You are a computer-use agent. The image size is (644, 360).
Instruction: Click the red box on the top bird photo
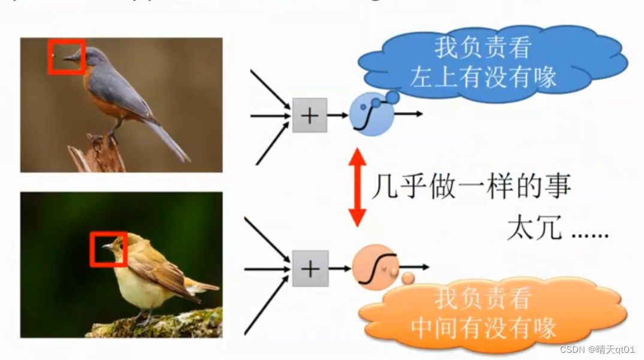point(66,57)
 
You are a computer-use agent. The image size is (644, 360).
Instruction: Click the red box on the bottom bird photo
point(108,249)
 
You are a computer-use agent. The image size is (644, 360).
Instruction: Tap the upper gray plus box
point(309,115)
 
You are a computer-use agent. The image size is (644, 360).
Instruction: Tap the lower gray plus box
point(310,268)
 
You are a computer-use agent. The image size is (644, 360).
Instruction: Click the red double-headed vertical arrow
point(358,187)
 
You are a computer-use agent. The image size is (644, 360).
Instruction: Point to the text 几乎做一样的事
point(471,187)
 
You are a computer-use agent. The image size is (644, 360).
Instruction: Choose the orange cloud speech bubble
point(491,311)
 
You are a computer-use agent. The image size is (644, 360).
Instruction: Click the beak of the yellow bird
point(108,246)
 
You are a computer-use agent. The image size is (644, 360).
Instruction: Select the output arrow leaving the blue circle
point(409,113)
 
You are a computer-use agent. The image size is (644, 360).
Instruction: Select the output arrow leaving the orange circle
point(416,267)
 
